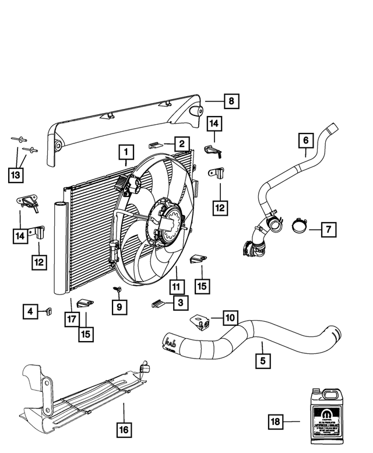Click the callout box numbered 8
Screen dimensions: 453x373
(x=231, y=101)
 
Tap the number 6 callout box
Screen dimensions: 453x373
(x=305, y=140)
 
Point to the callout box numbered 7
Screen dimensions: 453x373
(x=328, y=230)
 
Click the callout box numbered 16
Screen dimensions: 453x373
(x=124, y=431)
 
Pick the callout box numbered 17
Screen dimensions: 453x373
(x=72, y=319)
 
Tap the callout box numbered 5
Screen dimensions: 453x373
(x=263, y=361)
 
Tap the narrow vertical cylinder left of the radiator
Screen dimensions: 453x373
(x=61, y=248)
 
